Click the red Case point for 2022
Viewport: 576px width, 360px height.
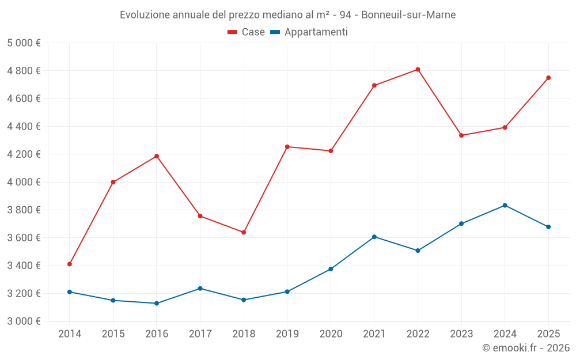tap(418, 70)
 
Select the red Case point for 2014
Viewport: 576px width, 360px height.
tap(70, 264)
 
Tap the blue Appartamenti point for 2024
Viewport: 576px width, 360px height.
tap(505, 205)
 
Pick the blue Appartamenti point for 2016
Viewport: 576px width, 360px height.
tap(157, 303)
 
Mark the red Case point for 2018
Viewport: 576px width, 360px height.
tap(244, 232)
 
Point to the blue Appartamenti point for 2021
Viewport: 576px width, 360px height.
tap(374, 237)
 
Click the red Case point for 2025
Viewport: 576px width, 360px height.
tap(548, 78)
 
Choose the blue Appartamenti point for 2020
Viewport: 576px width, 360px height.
tap(331, 269)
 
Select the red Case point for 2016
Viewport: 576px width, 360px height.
tap(157, 156)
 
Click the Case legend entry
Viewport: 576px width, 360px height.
tap(247, 32)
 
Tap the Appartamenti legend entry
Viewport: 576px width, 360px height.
tap(309, 32)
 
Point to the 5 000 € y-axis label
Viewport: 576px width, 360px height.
tap(24, 43)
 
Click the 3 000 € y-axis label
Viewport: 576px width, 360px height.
tap(24, 321)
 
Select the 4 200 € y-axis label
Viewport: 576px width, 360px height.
tap(24, 154)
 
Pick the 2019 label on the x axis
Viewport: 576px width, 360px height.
tap(287, 334)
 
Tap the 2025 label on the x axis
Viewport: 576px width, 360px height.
tap(548, 334)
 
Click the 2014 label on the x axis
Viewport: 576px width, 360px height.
tap(70, 334)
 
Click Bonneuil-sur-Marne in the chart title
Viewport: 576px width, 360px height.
tap(408, 15)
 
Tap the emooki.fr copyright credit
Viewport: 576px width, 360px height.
tap(526, 348)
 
